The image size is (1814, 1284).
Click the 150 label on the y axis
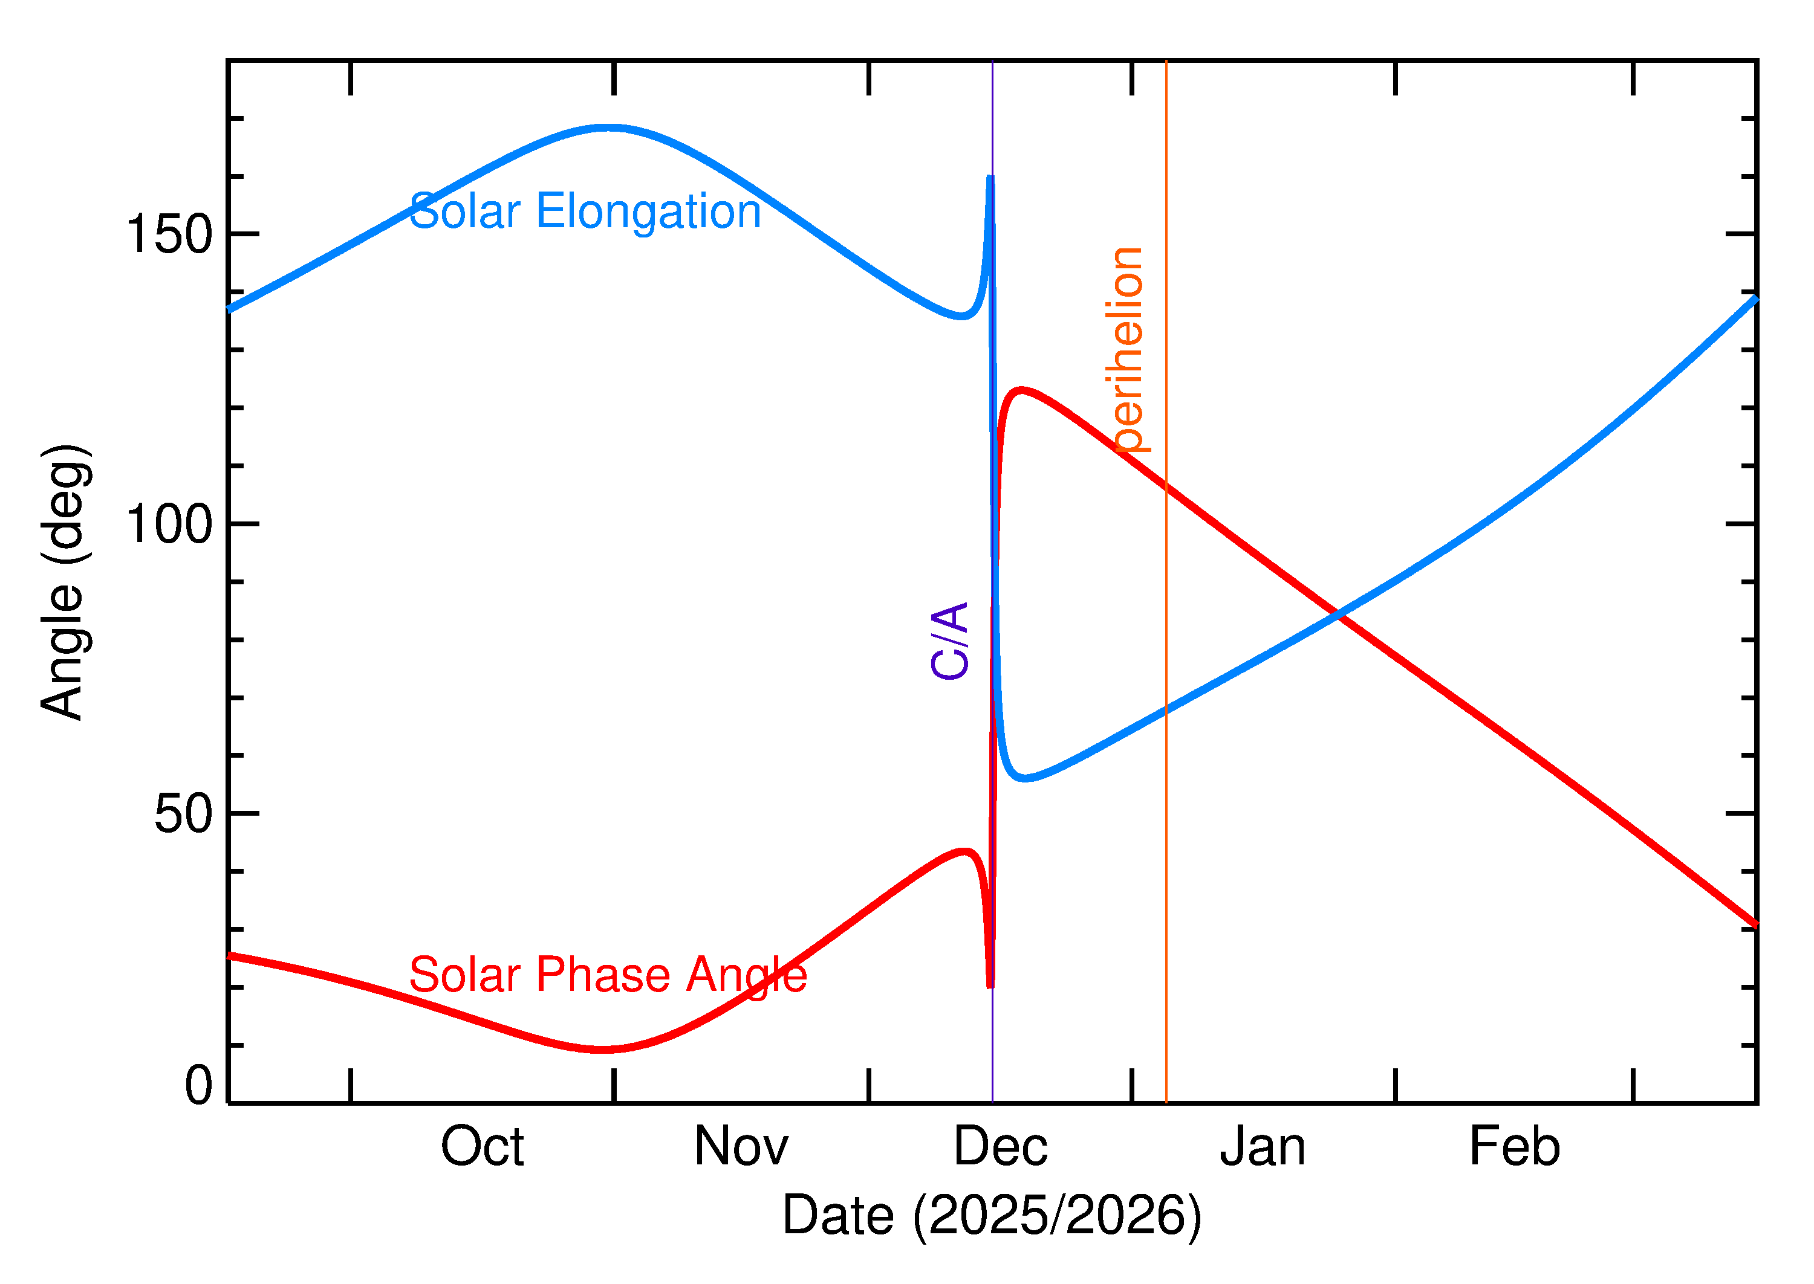pyautogui.click(x=169, y=235)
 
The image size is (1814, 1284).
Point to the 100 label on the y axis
pyautogui.click(x=169, y=524)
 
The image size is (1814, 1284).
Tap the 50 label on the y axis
pyautogui.click(x=184, y=815)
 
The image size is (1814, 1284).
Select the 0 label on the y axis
pyautogui.click(x=198, y=1086)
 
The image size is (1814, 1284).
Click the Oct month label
pyautogui.click(x=482, y=1147)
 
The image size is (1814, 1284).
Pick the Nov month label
pyautogui.click(x=741, y=1147)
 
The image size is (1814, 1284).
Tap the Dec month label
pyautogui.click(x=1000, y=1147)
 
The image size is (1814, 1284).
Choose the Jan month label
pyautogui.click(x=1263, y=1147)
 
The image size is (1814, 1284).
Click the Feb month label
pyautogui.click(x=1514, y=1147)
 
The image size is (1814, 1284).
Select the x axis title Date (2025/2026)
pyautogui.click(x=991, y=1216)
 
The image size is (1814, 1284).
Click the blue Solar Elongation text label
pyautogui.click(x=585, y=212)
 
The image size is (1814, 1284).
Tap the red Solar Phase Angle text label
pyautogui.click(x=608, y=975)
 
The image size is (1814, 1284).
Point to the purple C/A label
pyautogui.click(x=950, y=640)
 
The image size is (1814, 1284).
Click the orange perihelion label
pyautogui.click(x=1127, y=349)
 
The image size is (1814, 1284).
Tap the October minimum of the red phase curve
pyautogui.click(x=603, y=1050)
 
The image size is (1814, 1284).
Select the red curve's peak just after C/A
pyautogui.click(x=1022, y=389)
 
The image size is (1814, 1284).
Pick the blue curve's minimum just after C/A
pyautogui.click(x=1026, y=779)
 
